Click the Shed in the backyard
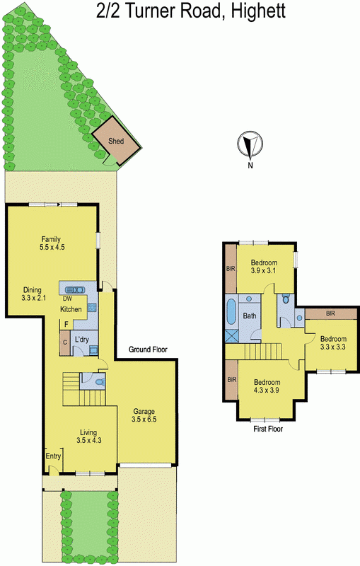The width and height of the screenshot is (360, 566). [x=115, y=140]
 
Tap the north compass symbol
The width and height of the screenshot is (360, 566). [x=248, y=144]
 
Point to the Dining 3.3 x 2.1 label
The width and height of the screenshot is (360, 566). [x=33, y=294]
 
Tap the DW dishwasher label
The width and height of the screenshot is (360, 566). [x=68, y=299]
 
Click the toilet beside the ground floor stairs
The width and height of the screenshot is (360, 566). [x=98, y=382]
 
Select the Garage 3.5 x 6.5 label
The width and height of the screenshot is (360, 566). [x=144, y=415]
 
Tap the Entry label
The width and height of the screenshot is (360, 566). [x=53, y=456]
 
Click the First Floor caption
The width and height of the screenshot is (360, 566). [x=268, y=429]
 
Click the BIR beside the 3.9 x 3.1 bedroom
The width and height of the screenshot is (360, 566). [x=231, y=268]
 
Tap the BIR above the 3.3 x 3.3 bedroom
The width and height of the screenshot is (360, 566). [x=330, y=313]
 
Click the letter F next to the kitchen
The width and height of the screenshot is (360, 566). [x=66, y=325]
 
